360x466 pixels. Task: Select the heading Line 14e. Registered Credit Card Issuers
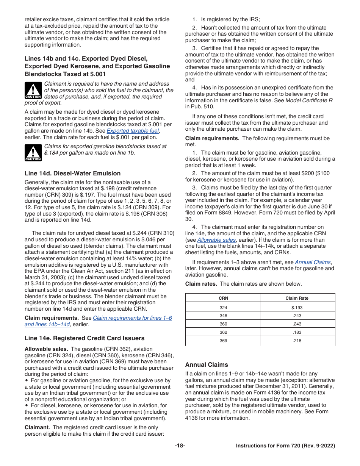coord(85,338)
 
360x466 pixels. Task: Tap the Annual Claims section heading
coord(207,365)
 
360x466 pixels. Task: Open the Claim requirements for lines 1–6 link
coord(132,318)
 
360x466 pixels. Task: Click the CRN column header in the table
coord(223,298)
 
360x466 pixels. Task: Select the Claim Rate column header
coord(297,298)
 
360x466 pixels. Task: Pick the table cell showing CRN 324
coord(223,308)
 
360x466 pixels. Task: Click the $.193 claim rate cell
coord(297,308)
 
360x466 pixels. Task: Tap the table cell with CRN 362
coord(223,332)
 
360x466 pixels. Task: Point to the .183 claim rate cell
coord(297,332)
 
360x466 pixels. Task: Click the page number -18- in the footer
coord(180,446)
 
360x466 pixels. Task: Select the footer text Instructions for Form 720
coord(285,446)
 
